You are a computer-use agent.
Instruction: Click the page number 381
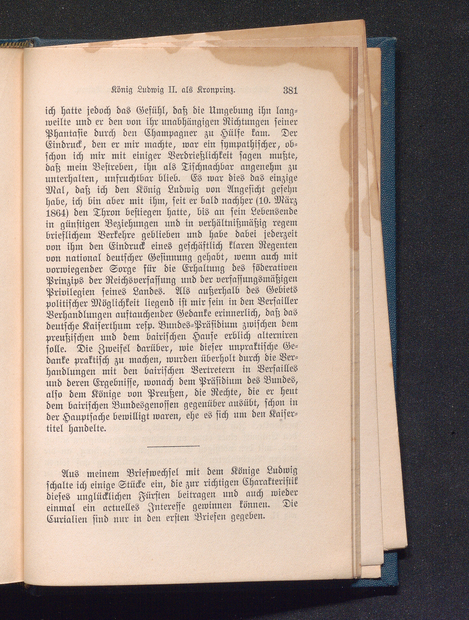point(290,91)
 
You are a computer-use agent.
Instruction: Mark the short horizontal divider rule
point(173,446)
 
